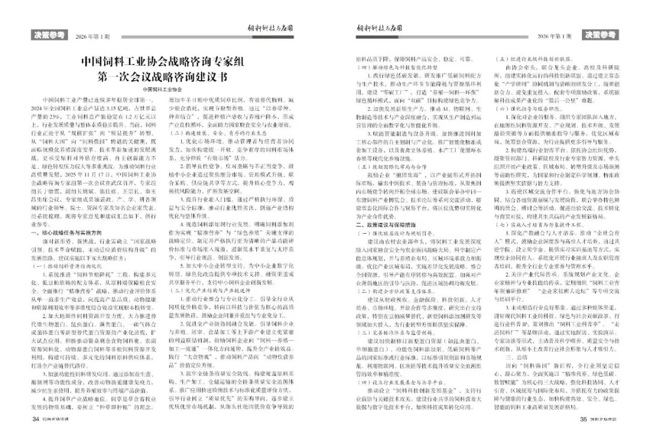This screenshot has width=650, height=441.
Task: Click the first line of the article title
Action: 164,63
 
